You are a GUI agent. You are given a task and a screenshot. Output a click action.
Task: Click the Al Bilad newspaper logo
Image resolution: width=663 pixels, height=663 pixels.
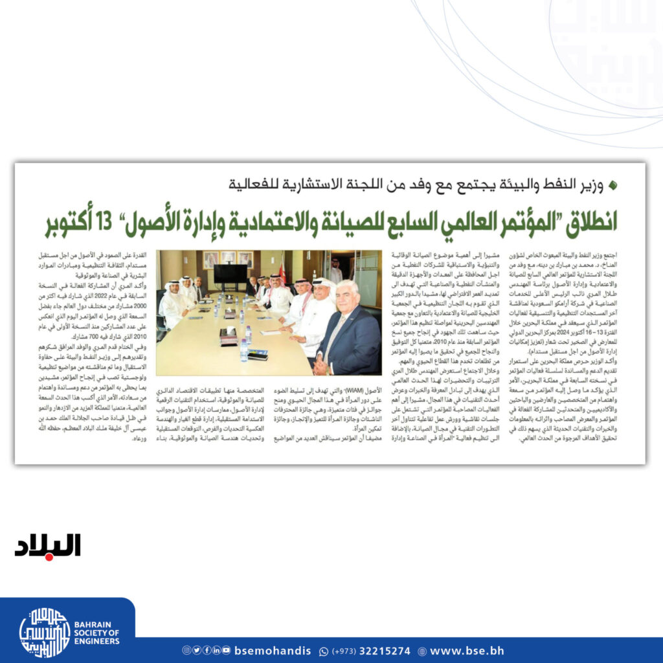48,545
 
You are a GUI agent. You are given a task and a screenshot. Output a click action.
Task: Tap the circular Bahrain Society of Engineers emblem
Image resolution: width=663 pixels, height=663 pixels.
45,633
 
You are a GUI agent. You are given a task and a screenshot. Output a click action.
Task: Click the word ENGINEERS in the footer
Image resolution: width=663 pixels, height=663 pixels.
96,641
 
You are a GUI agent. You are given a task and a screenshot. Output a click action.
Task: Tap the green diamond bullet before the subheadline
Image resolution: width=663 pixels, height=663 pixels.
613,185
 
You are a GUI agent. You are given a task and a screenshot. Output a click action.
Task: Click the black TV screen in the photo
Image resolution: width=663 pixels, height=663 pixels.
230,274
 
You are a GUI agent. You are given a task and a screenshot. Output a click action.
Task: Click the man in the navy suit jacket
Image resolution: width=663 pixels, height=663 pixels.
350,337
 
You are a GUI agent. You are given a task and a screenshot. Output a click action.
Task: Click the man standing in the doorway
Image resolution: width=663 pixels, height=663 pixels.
335,272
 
